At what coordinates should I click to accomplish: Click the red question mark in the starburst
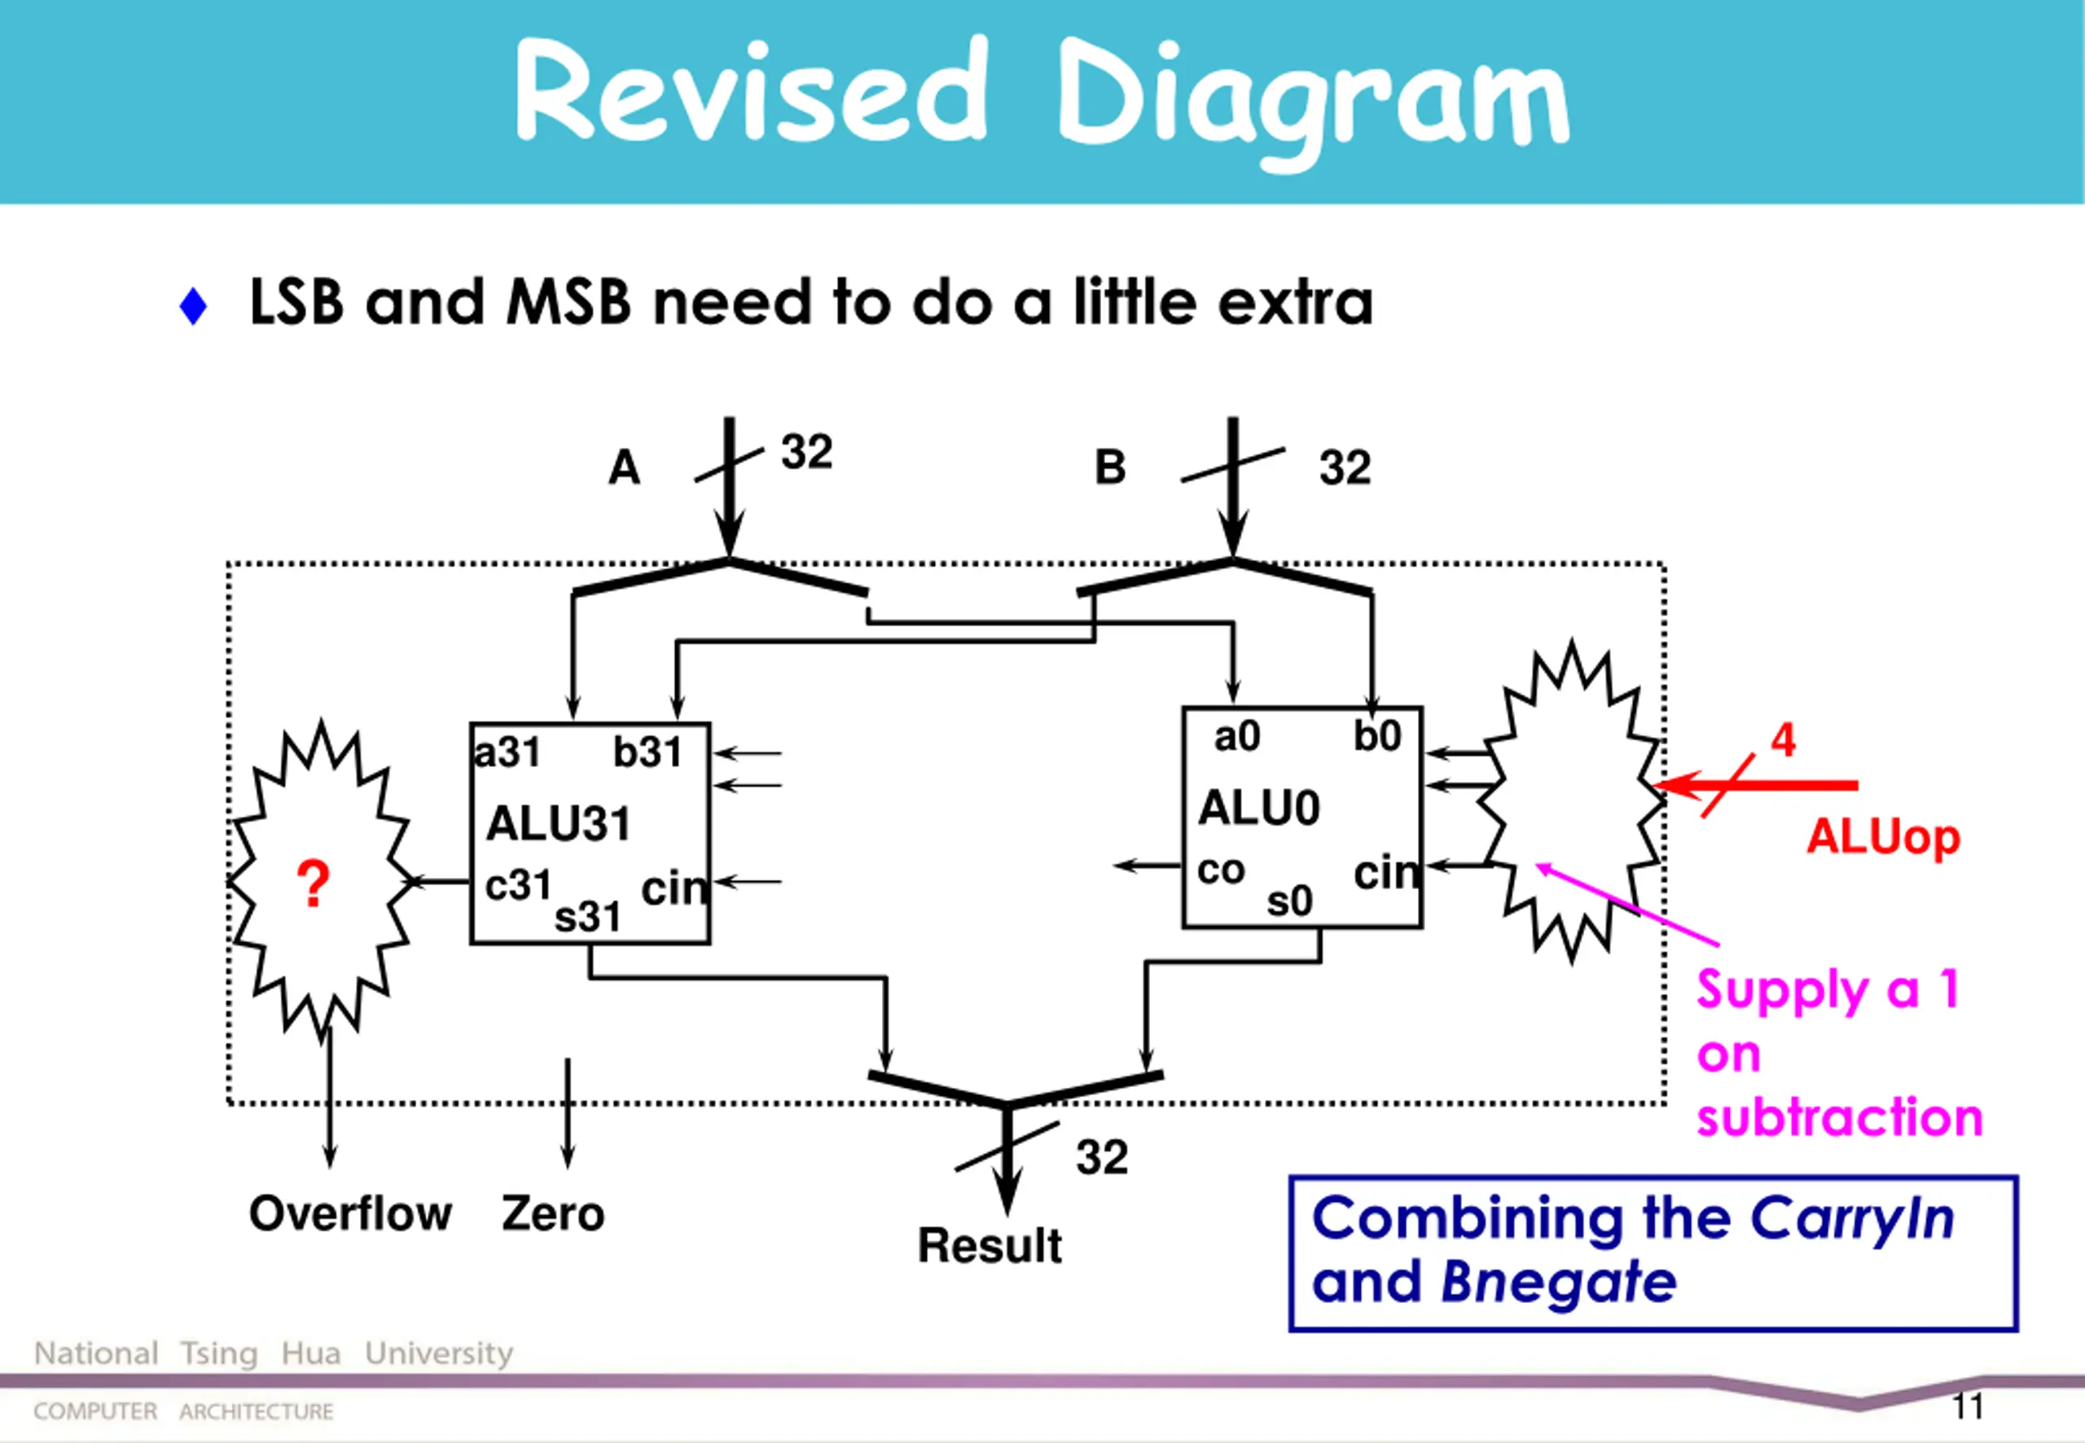coord(313,884)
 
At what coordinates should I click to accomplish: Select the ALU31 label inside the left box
coord(558,823)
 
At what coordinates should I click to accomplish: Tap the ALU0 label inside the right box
coord(1258,807)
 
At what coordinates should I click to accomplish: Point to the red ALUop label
coord(1883,837)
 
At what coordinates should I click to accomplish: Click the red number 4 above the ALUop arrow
coord(1783,739)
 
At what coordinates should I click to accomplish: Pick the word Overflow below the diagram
coord(350,1213)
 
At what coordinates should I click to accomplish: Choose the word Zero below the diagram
coord(553,1213)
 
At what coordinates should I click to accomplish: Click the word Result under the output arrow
coord(990,1245)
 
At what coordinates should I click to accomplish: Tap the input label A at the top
coord(624,467)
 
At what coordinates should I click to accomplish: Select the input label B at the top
coord(1110,467)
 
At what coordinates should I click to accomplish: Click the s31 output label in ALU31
coord(588,918)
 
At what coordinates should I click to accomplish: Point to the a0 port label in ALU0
coord(1237,736)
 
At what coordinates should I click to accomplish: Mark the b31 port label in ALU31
coord(647,752)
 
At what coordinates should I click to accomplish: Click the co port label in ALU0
coord(1221,870)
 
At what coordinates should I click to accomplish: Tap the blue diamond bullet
coord(194,305)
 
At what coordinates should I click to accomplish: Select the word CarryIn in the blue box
coord(1852,1218)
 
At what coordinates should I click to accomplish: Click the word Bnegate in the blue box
coord(1559,1281)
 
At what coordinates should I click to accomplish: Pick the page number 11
coord(1968,1407)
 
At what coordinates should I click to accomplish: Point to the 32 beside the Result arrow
coord(1102,1157)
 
